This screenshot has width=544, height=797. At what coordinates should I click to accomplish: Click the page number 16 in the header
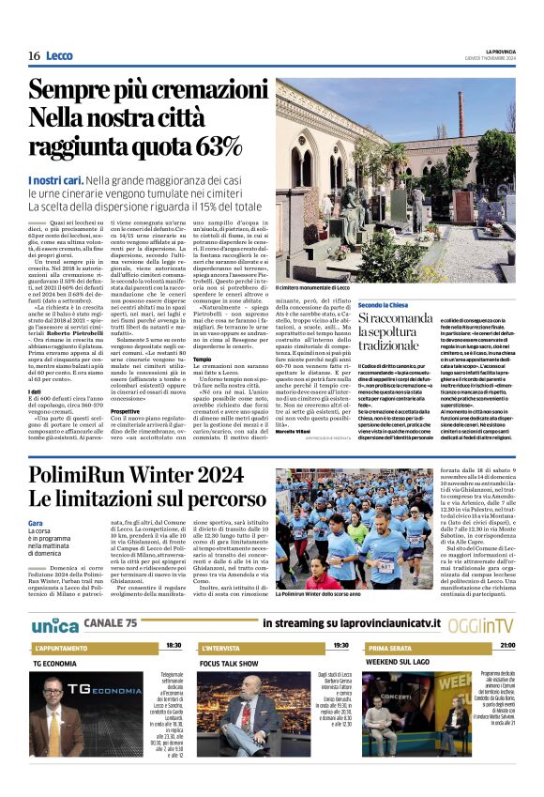tap(34, 56)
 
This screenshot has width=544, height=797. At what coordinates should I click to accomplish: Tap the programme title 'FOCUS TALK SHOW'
tap(230, 662)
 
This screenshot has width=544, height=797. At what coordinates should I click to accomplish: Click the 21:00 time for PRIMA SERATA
tap(506, 646)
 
